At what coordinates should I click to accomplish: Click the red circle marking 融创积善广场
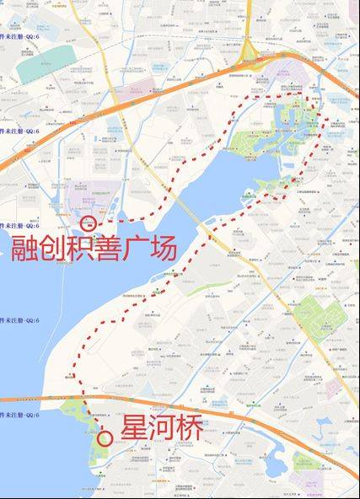pyautogui.click(x=89, y=223)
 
